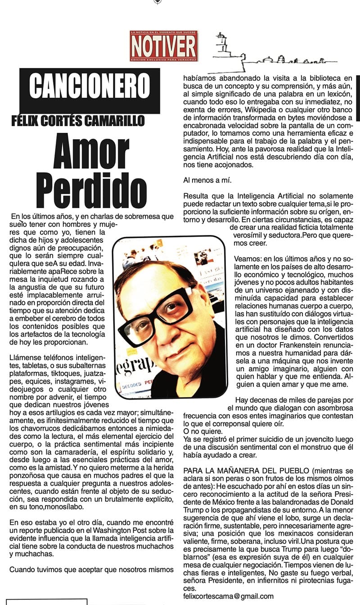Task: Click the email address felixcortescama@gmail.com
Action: coord(229,596)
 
